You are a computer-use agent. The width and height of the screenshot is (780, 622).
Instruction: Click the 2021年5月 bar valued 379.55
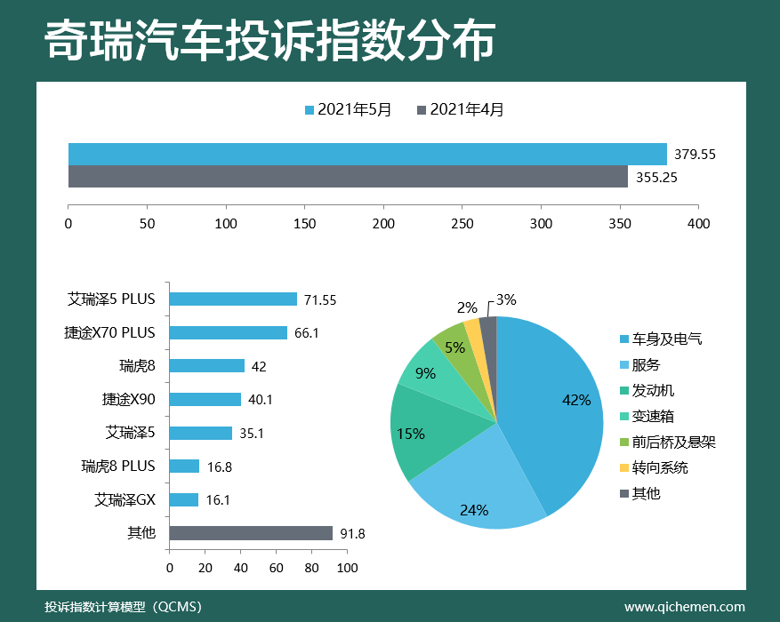[x=367, y=154]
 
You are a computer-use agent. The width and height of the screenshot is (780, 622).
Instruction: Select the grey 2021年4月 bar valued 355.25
[x=348, y=176]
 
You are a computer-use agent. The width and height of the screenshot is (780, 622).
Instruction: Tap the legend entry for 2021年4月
[x=461, y=110]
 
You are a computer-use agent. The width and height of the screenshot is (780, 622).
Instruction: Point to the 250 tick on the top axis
[x=462, y=223]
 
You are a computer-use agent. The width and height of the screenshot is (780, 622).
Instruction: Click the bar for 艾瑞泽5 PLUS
[x=233, y=299]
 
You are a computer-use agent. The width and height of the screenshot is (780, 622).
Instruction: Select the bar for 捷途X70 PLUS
[x=229, y=332]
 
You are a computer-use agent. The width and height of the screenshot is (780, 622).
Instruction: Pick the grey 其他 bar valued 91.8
[x=252, y=533]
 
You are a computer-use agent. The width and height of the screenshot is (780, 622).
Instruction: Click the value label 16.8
[x=218, y=466]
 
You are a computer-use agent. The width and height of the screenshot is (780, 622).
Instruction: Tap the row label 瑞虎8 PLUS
[x=118, y=466]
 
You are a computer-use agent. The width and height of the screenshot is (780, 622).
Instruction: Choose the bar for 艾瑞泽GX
[x=184, y=499]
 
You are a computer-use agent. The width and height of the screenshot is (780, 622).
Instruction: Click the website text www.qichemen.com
[x=685, y=607]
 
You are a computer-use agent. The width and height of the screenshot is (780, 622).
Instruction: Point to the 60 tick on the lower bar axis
[x=277, y=567]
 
